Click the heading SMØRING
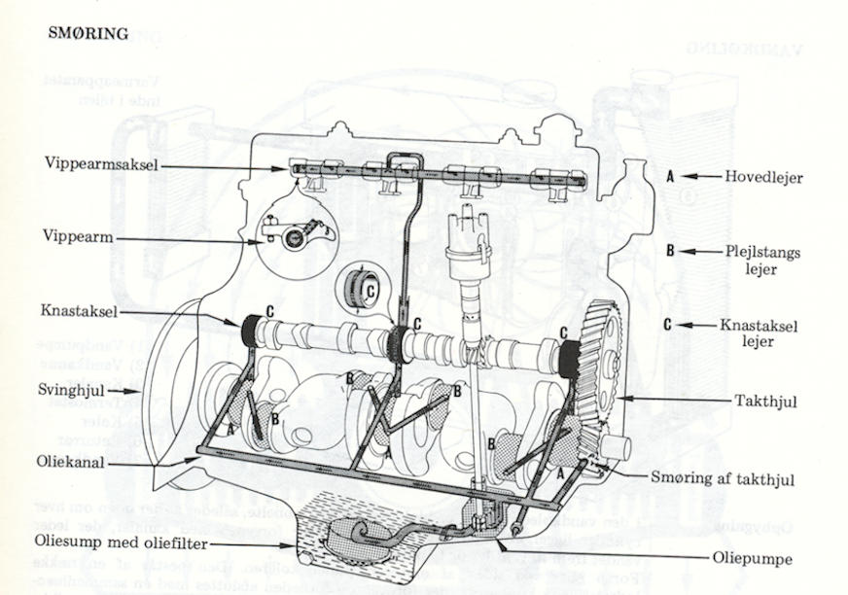tap(88, 34)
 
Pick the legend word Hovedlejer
tap(763, 177)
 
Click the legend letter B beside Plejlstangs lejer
tap(670, 251)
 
